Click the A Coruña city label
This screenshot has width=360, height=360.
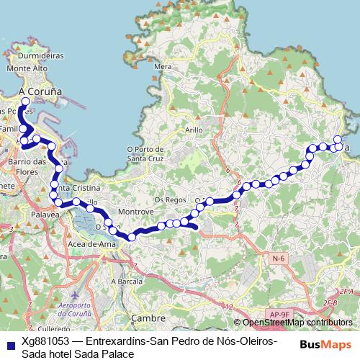click(x=42, y=91)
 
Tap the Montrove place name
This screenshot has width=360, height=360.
click(x=137, y=212)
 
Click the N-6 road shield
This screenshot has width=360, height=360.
click(x=279, y=257)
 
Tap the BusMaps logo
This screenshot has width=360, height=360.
click(x=325, y=344)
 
